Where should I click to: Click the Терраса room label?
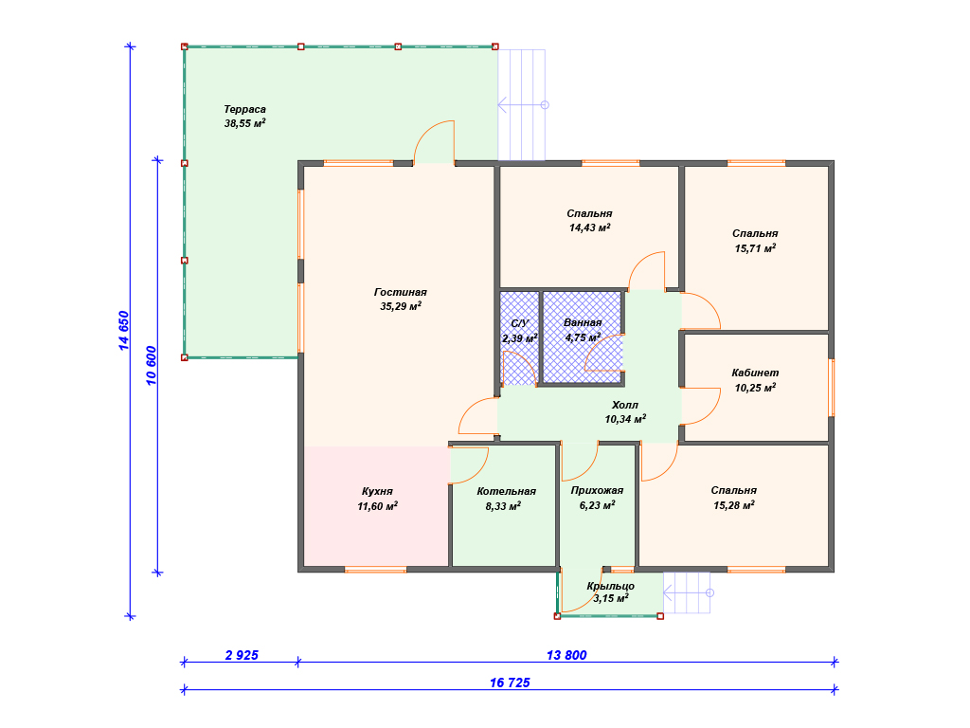(x=245, y=110)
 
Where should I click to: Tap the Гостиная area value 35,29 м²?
(x=401, y=306)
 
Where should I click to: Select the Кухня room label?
(x=377, y=492)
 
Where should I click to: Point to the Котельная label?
(x=506, y=492)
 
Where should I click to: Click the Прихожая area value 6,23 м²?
(x=597, y=506)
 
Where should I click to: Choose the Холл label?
(x=625, y=405)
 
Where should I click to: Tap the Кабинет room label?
(x=755, y=373)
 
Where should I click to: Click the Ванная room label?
(x=583, y=322)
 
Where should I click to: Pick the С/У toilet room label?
(x=520, y=324)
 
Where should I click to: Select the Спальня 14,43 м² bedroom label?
(x=589, y=213)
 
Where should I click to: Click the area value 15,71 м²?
(x=755, y=249)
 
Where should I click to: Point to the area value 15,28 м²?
(x=734, y=506)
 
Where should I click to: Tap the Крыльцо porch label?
(x=611, y=586)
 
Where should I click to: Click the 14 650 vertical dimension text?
(x=124, y=331)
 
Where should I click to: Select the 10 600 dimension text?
(x=151, y=366)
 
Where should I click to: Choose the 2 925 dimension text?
(x=242, y=655)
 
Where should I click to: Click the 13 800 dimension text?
(x=566, y=655)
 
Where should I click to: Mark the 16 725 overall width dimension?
(x=510, y=682)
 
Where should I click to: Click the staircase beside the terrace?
(x=523, y=105)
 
